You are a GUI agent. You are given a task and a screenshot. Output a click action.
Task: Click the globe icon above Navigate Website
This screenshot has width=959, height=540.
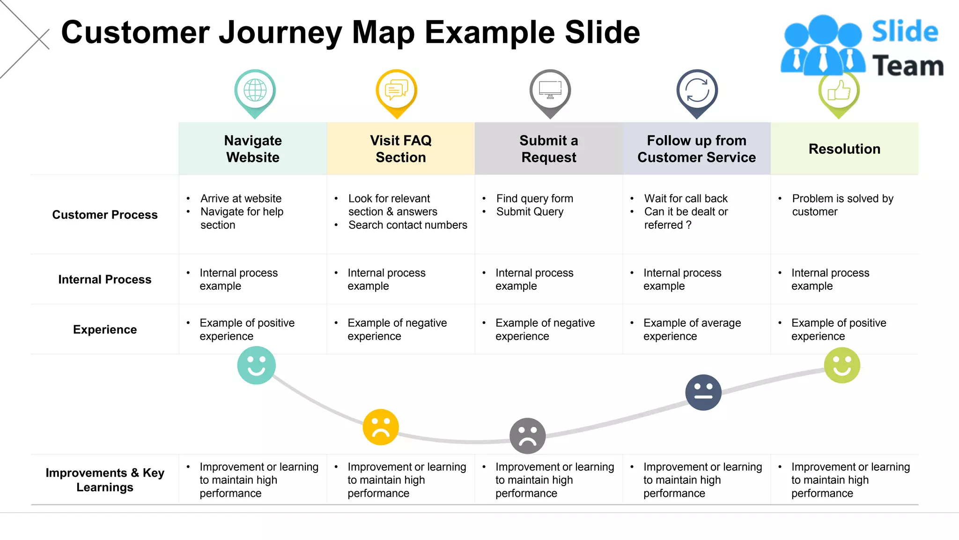(255, 90)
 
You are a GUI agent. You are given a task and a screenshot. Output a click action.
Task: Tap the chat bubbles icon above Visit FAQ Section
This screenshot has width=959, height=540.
(396, 90)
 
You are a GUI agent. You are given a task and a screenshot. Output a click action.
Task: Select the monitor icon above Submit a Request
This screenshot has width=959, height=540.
(550, 89)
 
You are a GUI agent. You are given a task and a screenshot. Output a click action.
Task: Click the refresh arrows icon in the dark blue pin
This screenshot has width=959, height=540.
(697, 90)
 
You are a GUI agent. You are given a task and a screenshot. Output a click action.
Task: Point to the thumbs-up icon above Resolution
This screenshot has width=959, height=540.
(839, 90)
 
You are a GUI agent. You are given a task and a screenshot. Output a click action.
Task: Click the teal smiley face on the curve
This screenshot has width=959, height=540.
(256, 365)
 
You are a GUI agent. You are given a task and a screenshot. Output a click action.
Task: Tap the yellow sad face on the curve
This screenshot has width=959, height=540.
(381, 427)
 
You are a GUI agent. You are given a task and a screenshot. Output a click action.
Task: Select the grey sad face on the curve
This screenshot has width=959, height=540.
(527, 436)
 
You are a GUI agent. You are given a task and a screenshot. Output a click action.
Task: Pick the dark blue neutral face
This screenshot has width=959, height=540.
(703, 392)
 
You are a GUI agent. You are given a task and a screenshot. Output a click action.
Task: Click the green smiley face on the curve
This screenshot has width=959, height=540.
(842, 365)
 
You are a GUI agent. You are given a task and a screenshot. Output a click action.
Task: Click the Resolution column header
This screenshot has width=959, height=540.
(844, 149)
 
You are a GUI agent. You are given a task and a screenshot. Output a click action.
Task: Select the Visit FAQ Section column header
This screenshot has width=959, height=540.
(401, 149)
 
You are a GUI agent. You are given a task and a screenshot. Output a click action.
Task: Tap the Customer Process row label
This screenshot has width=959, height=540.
(105, 215)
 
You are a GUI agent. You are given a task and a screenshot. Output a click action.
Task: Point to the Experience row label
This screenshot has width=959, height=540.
(105, 330)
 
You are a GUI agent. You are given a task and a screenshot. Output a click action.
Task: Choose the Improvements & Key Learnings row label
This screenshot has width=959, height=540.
(105, 480)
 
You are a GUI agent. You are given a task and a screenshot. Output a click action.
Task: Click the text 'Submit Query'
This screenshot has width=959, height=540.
(530, 212)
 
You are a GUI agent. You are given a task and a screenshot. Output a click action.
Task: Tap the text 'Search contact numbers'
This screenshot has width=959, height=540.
(407, 225)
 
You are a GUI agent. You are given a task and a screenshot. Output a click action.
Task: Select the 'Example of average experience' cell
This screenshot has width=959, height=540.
(692, 330)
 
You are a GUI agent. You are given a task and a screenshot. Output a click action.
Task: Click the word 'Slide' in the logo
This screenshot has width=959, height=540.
(905, 32)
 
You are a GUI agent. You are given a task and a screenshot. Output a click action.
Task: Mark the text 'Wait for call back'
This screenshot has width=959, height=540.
(686, 199)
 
